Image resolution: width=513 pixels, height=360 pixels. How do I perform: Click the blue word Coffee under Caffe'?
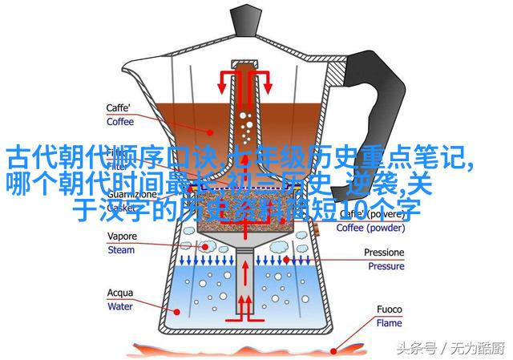pos(121,123)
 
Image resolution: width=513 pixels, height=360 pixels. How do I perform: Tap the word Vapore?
pos(123,237)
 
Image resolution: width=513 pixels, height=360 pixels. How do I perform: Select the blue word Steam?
pos(121,249)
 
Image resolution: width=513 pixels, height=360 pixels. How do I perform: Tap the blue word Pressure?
pos(385,265)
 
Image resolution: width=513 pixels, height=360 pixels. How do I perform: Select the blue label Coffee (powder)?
pos(370,228)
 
